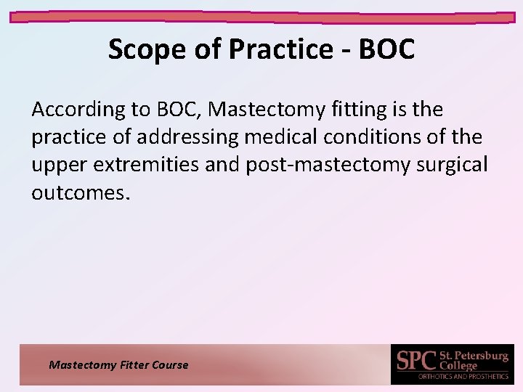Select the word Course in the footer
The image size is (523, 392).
(x=170, y=365)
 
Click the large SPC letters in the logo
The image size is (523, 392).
(x=415, y=361)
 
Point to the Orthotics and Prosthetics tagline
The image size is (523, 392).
(x=463, y=376)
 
